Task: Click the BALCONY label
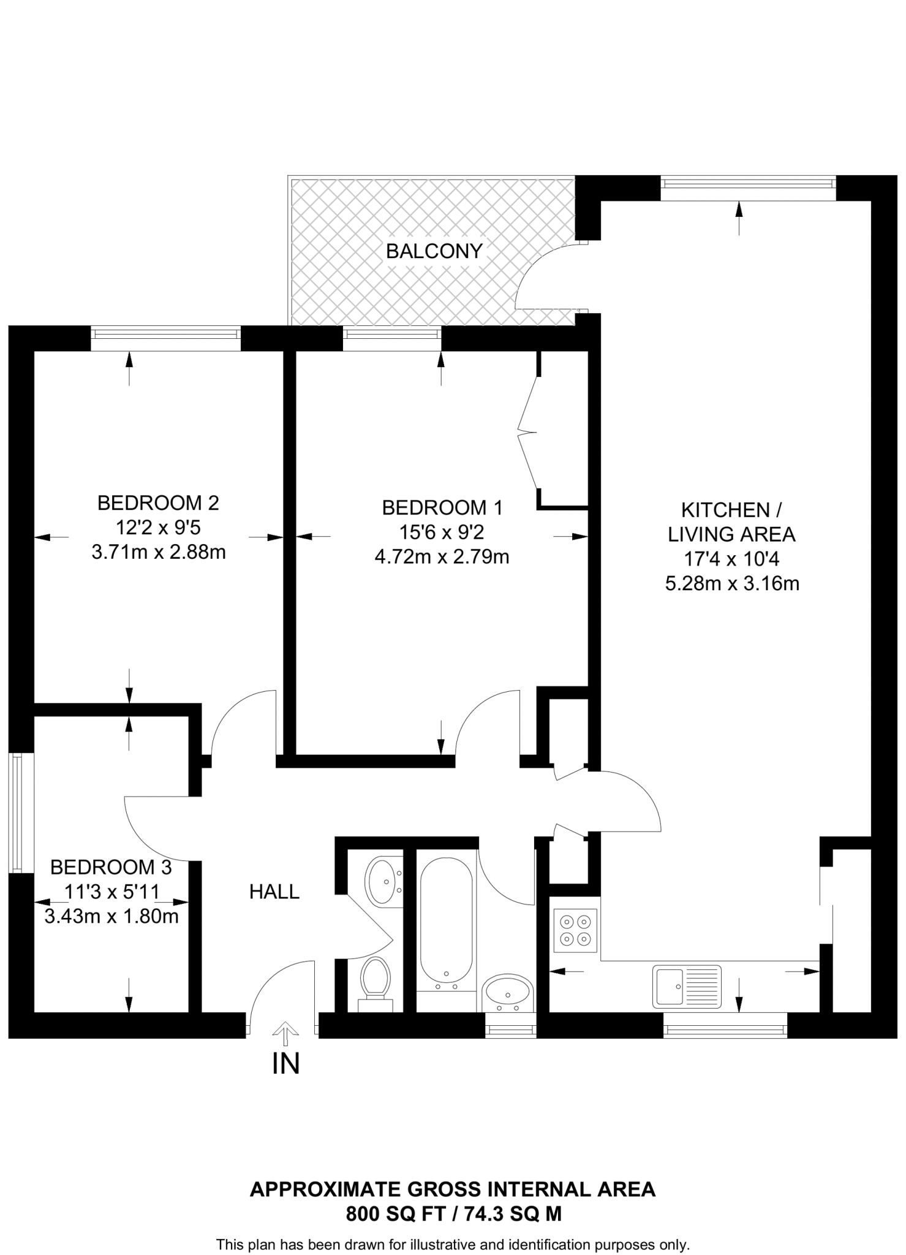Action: coord(434,251)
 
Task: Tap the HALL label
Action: coord(274,892)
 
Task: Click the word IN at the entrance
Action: coord(285,1064)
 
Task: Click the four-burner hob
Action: coord(575,930)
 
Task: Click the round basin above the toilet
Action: coord(384,881)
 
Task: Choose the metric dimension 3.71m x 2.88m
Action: coord(159,552)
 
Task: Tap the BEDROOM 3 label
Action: coord(111,867)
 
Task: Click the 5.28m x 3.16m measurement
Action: coord(732,583)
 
